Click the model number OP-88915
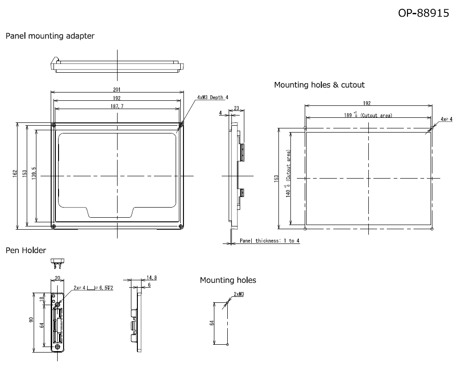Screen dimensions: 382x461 [x=423, y=13]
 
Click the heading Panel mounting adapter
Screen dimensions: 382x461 [x=50, y=36]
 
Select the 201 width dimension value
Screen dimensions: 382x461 [x=117, y=89]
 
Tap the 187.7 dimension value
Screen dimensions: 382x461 [x=117, y=106]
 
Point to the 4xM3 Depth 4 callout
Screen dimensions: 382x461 [x=213, y=98]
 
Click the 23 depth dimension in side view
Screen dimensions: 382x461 [x=236, y=109]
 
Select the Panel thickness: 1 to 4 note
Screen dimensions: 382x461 [x=270, y=241]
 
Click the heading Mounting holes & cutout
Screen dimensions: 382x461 [x=319, y=85]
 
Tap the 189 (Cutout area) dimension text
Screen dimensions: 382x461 [x=368, y=115]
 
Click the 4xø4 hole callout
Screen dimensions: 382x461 [x=446, y=119]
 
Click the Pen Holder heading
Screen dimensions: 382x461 [x=26, y=250]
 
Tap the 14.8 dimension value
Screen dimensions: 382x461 [x=152, y=278]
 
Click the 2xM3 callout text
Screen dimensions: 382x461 [x=239, y=294]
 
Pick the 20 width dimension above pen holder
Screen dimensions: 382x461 [x=57, y=278]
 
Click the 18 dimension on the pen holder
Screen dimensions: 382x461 [x=42, y=299]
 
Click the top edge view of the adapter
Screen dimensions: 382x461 [x=117, y=65]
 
